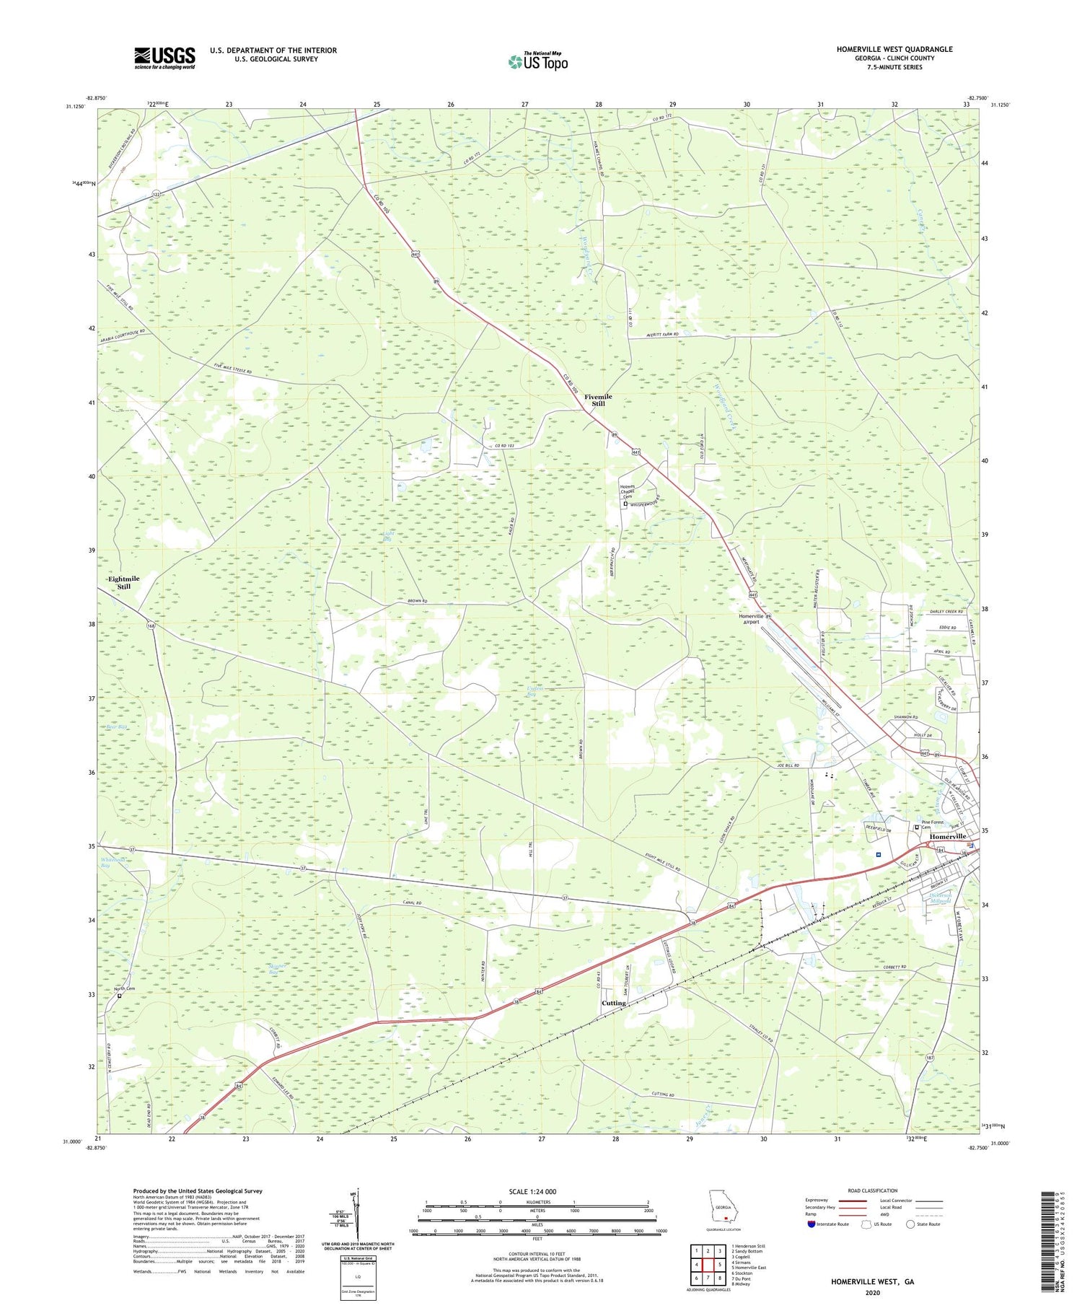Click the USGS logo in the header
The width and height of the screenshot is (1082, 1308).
pos(164,58)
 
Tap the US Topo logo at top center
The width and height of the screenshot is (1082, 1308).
pos(538,61)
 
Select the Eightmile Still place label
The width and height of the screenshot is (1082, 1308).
pos(123,583)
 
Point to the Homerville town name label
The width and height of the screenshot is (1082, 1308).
pos(948,836)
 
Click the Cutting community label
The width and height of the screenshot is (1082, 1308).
pos(614,1004)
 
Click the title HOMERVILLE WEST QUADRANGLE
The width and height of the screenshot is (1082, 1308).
pos(884,49)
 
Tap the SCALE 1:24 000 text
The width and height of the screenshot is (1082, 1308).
pos(537,1191)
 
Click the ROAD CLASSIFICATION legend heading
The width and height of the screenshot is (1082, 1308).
pos(873,1190)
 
